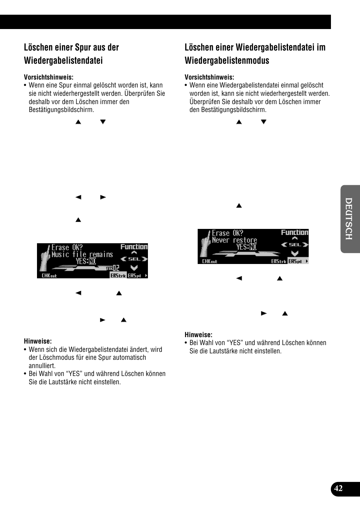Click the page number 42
tap(338, 488)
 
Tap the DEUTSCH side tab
tap(349, 219)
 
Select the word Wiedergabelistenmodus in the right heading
tap(227, 61)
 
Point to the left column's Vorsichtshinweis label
tap(49, 77)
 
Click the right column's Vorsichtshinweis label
tap(209, 77)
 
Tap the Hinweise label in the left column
tap(38, 341)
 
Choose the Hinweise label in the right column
tap(198, 335)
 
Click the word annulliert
tap(42, 366)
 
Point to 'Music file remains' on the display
tap(82, 255)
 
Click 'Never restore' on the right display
tap(234, 240)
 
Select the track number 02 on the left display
tap(116, 268)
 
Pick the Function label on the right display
tap(294, 233)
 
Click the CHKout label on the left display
tap(49, 276)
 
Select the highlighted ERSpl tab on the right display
tap(297, 261)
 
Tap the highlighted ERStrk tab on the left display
tap(118, 276)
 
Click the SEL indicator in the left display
tap(134, 259)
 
